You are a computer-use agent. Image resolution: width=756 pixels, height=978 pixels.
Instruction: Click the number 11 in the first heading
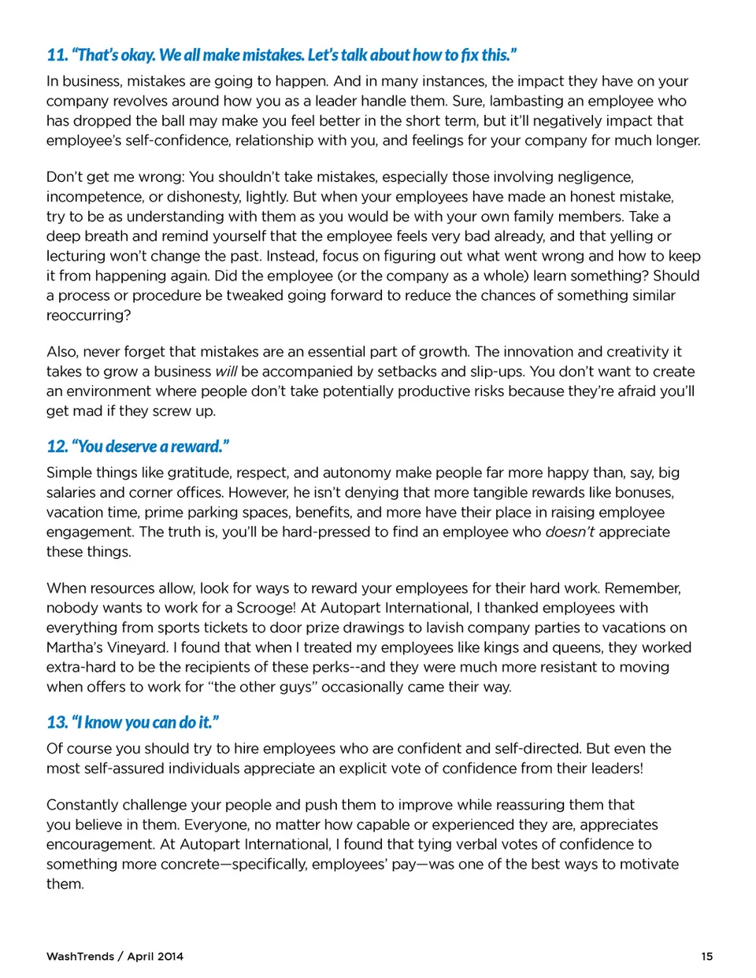coord(56,55)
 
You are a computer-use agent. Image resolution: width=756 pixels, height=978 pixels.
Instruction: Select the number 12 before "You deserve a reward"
coord(57,446)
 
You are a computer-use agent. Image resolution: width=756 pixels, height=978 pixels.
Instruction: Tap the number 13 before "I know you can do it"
coord(57,722)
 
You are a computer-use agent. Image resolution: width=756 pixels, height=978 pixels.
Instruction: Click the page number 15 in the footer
coord(706,956)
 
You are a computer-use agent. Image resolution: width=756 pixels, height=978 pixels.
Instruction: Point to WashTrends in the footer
coord(80,956)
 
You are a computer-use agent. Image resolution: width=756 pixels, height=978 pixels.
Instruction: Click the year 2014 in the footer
coord(169,956)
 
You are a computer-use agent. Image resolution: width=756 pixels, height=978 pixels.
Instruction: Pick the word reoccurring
coord(88,315)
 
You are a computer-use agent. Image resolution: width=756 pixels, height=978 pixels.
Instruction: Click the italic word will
coord(226,371)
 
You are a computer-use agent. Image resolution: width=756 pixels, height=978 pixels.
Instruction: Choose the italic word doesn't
coord(569,532)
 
